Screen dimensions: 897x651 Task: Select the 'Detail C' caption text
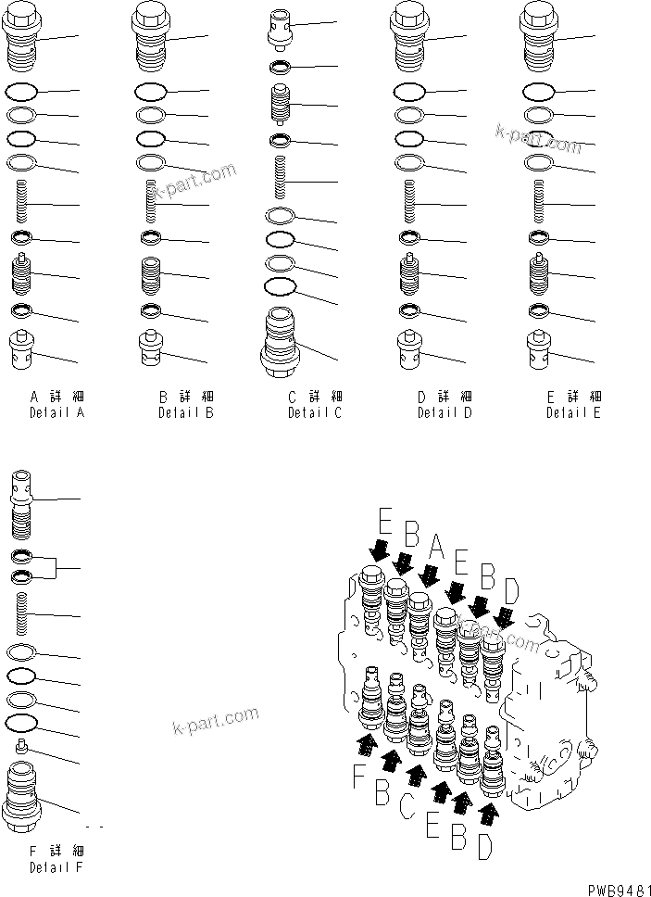pyautogui.click(x=314, y=412)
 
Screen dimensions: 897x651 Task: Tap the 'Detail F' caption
pyautogui.click(x=56, y=867)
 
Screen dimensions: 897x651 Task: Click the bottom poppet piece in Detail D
pyautogui.click(x=409, y=348)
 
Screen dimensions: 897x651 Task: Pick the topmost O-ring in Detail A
pyautogui.click(x=23, y=92)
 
